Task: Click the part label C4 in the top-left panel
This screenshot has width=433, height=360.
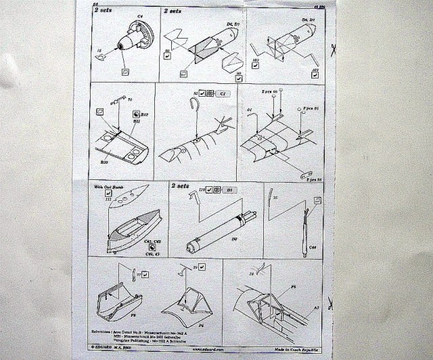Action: coord(141,15)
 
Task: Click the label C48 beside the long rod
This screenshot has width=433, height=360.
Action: coord(313,248)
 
